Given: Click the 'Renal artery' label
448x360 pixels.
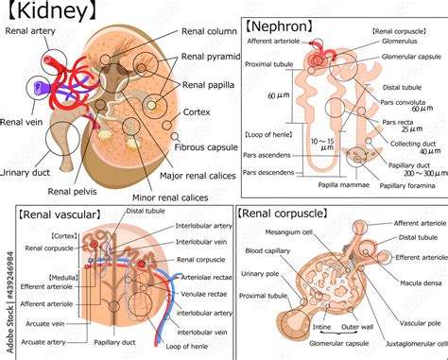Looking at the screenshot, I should click(29, 30).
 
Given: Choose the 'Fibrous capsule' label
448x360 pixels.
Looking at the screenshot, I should click(207, 146).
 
